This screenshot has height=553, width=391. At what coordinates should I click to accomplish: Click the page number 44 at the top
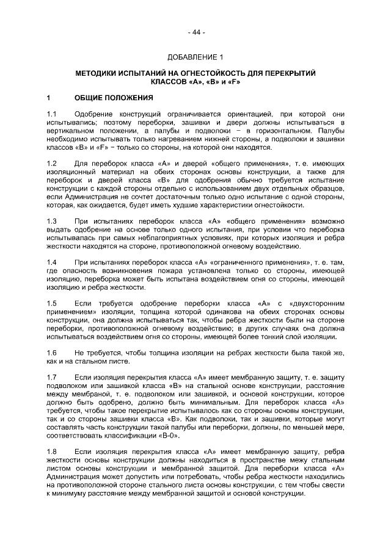(195, 32)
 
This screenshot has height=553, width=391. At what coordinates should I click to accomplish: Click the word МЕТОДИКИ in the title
(99, 73)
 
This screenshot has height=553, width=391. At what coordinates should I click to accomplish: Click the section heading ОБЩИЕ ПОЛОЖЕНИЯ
(109, 98)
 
